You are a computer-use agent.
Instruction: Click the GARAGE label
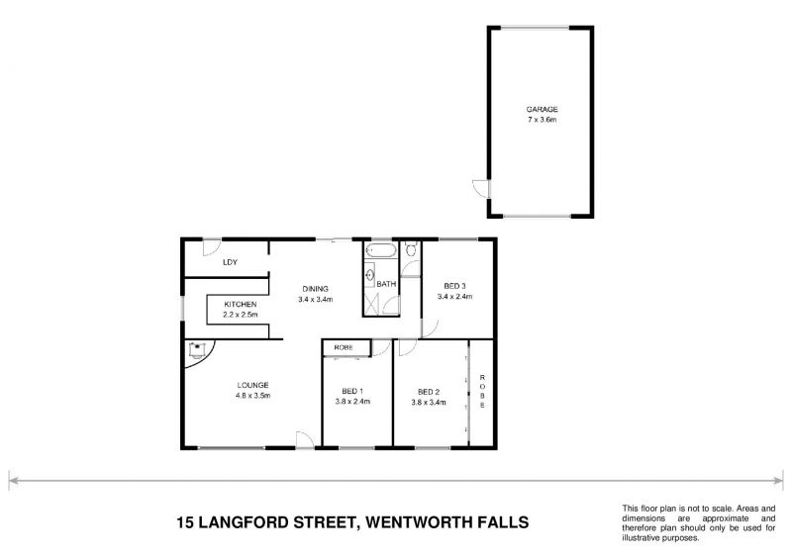pyautogui.click(x=543, y=109)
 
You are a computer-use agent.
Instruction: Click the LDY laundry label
pyautogui.click(x=230, y=262)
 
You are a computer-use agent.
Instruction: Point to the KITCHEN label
pyautogui.click(x=241, y=304)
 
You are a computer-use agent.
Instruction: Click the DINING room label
pyautogui.click(x=316, y=289)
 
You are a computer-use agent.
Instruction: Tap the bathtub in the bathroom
pyautogui.click(x=380, y=251)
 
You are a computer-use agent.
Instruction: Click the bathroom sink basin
pyautogui.click(x=370, y=276)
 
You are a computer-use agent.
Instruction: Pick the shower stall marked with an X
pyautogui.click(x=373, y=304)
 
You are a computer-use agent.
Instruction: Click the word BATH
pyautogui.click(x=386, y=285)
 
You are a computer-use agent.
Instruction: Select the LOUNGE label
pyautogui.click(x=252, y=385)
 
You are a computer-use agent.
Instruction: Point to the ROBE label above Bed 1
pyautogui.click(x=344, y=347)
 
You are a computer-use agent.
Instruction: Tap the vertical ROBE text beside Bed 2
pyautogui.click(x=482, y=392)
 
